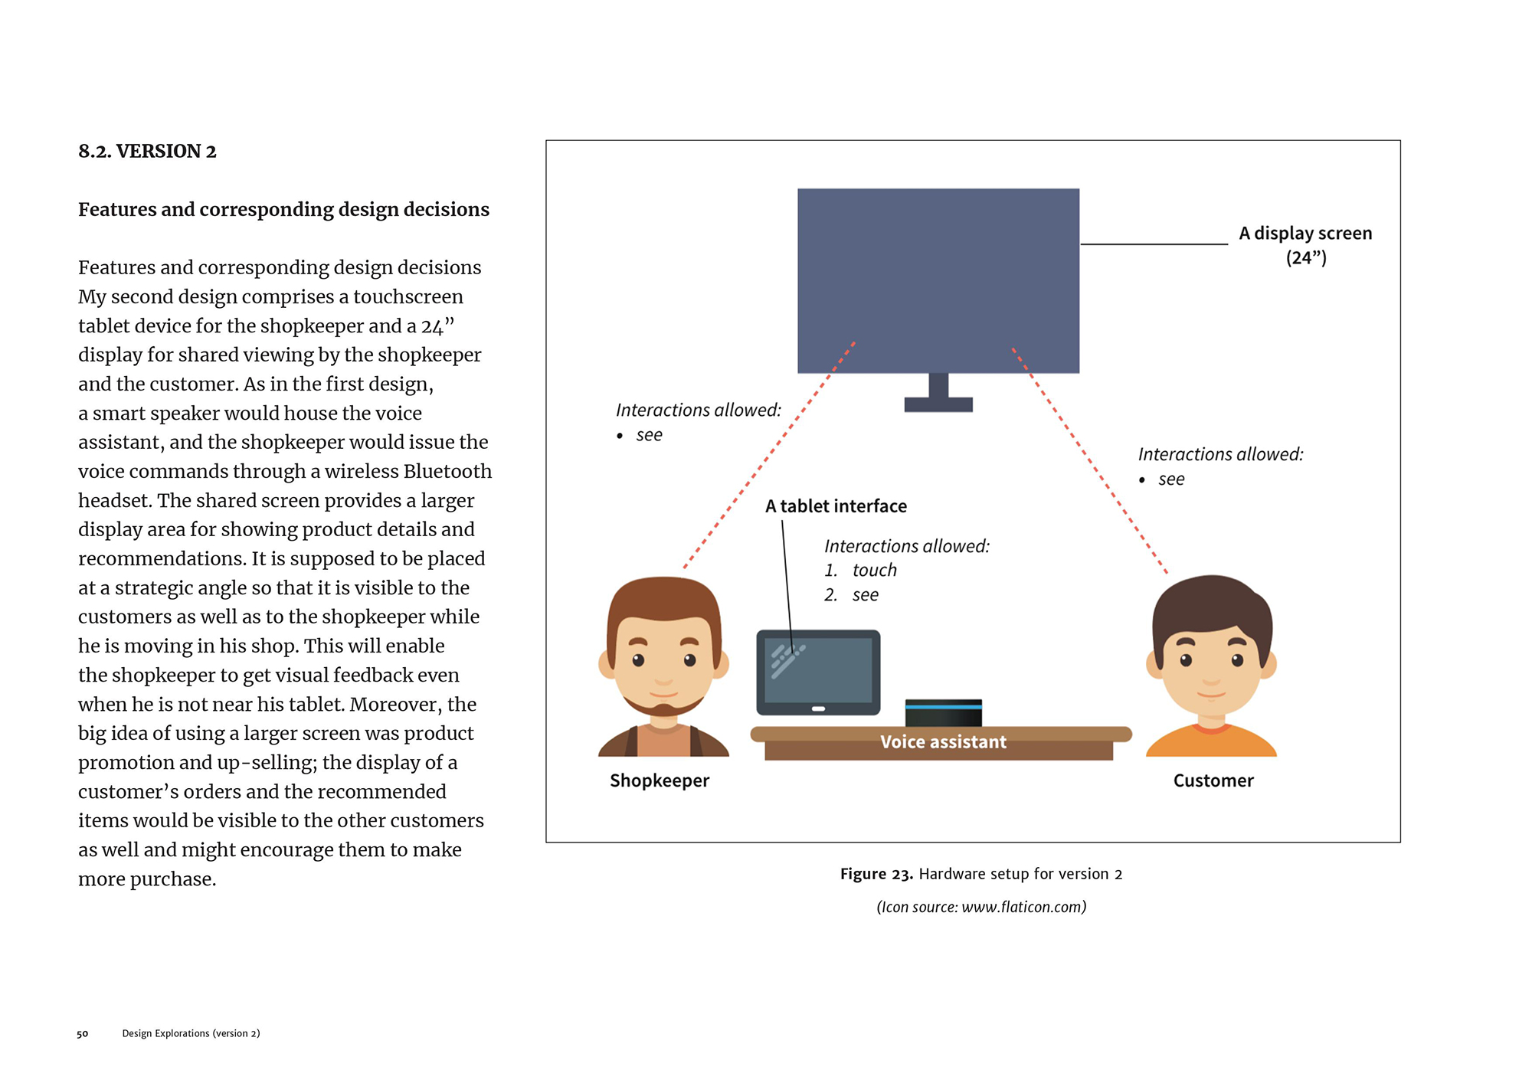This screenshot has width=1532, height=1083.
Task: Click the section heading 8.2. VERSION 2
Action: [x=147, y=152]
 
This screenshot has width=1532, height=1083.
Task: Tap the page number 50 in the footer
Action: [x=82, y=1034]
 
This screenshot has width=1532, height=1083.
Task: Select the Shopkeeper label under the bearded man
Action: [x=660, y=780]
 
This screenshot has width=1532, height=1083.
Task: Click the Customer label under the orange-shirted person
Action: [x=1213, y=780]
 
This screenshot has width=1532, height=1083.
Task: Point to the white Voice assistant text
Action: [x=943, y=741]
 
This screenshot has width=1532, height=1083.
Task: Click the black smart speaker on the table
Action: [x=943, y=713]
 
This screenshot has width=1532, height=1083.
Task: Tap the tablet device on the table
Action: [x=818, y=671]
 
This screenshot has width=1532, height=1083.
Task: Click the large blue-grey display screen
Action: [x=938, y=280]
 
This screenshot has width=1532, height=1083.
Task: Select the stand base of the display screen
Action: [x=938, y=404]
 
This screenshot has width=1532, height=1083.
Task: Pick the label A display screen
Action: [x=1305, y=234]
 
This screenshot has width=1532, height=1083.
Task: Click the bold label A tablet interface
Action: [x=836, y=506]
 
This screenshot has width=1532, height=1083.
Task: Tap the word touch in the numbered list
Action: [x=874, y=571]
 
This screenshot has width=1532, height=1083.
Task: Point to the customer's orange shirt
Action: [x=1211, y=743]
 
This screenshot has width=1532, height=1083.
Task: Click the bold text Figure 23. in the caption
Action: [x=876, y=874]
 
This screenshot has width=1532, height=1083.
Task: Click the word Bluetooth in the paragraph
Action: [x=447, y=471]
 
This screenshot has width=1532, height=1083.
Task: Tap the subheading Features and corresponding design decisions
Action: [x=283, y=210]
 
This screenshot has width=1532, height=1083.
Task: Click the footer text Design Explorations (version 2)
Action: [x=191, y=1034]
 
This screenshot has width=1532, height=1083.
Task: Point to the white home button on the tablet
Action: [x=818, y=708]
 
